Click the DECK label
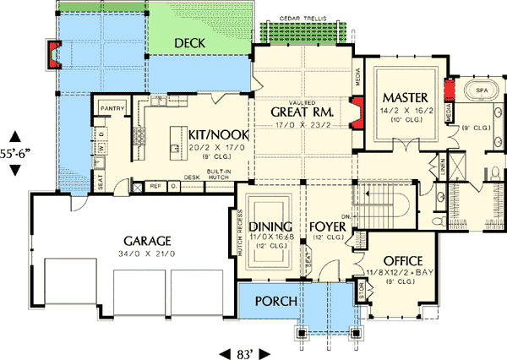coord(193,42)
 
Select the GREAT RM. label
coord(302,112)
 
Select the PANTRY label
coord(112,109)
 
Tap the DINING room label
coord(270,226)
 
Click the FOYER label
coord(328,226)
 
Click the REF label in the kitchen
coord(155,186)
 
